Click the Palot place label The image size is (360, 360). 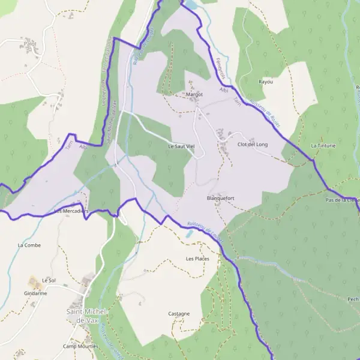click(x=30, y=43)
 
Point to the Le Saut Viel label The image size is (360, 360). click(x=181, y=145)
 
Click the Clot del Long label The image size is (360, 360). click(x=253, y=145)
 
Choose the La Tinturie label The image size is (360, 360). click(x=323, y=145)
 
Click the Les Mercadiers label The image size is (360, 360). click(x=71, y=211)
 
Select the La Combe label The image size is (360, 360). click(x=29, y=245)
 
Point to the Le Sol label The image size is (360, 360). click(x=49, y=280)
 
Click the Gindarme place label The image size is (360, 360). click(x=35, y=293)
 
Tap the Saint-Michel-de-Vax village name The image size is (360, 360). click(x=87, y=316)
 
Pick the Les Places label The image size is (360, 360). click(x=197, y=259)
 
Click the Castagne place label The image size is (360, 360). click(x=179, y=313)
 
